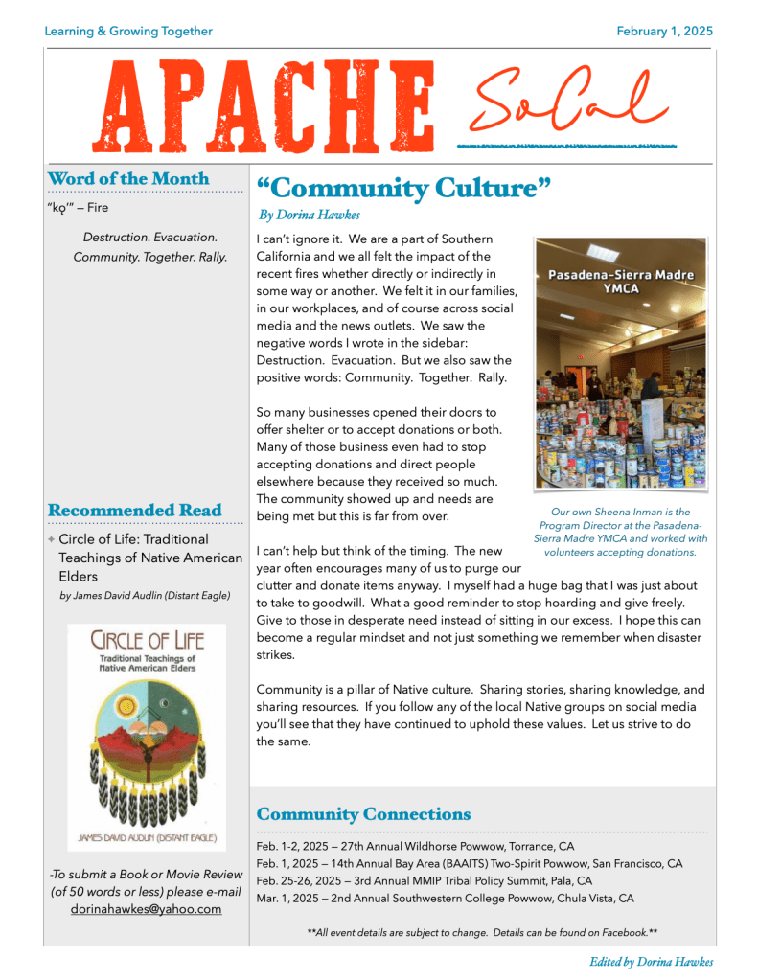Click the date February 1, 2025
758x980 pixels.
point(664,32)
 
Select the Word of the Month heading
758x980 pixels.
point(127,179)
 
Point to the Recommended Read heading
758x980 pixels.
point(134,511)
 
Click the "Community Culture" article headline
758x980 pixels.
point(403,187)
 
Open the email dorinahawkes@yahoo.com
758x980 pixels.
point(146,909)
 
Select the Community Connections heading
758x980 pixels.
point(363,814)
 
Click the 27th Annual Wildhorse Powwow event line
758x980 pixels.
point(415,847)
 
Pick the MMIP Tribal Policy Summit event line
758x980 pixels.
point(424,881)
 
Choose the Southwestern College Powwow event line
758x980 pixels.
point(445,899)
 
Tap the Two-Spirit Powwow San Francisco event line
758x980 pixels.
point(470,864)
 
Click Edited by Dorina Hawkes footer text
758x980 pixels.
point(651,962)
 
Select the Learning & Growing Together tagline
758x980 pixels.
point(128,32)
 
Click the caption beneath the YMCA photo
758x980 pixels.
point(620,532)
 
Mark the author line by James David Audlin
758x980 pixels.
point(145,596)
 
